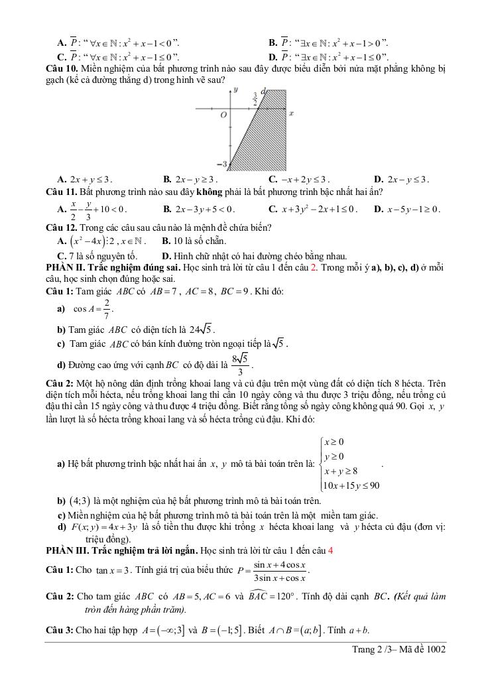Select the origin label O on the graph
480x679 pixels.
[223, 114]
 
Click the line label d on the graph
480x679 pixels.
[263, 91]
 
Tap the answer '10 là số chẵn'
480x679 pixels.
[194, 241]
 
